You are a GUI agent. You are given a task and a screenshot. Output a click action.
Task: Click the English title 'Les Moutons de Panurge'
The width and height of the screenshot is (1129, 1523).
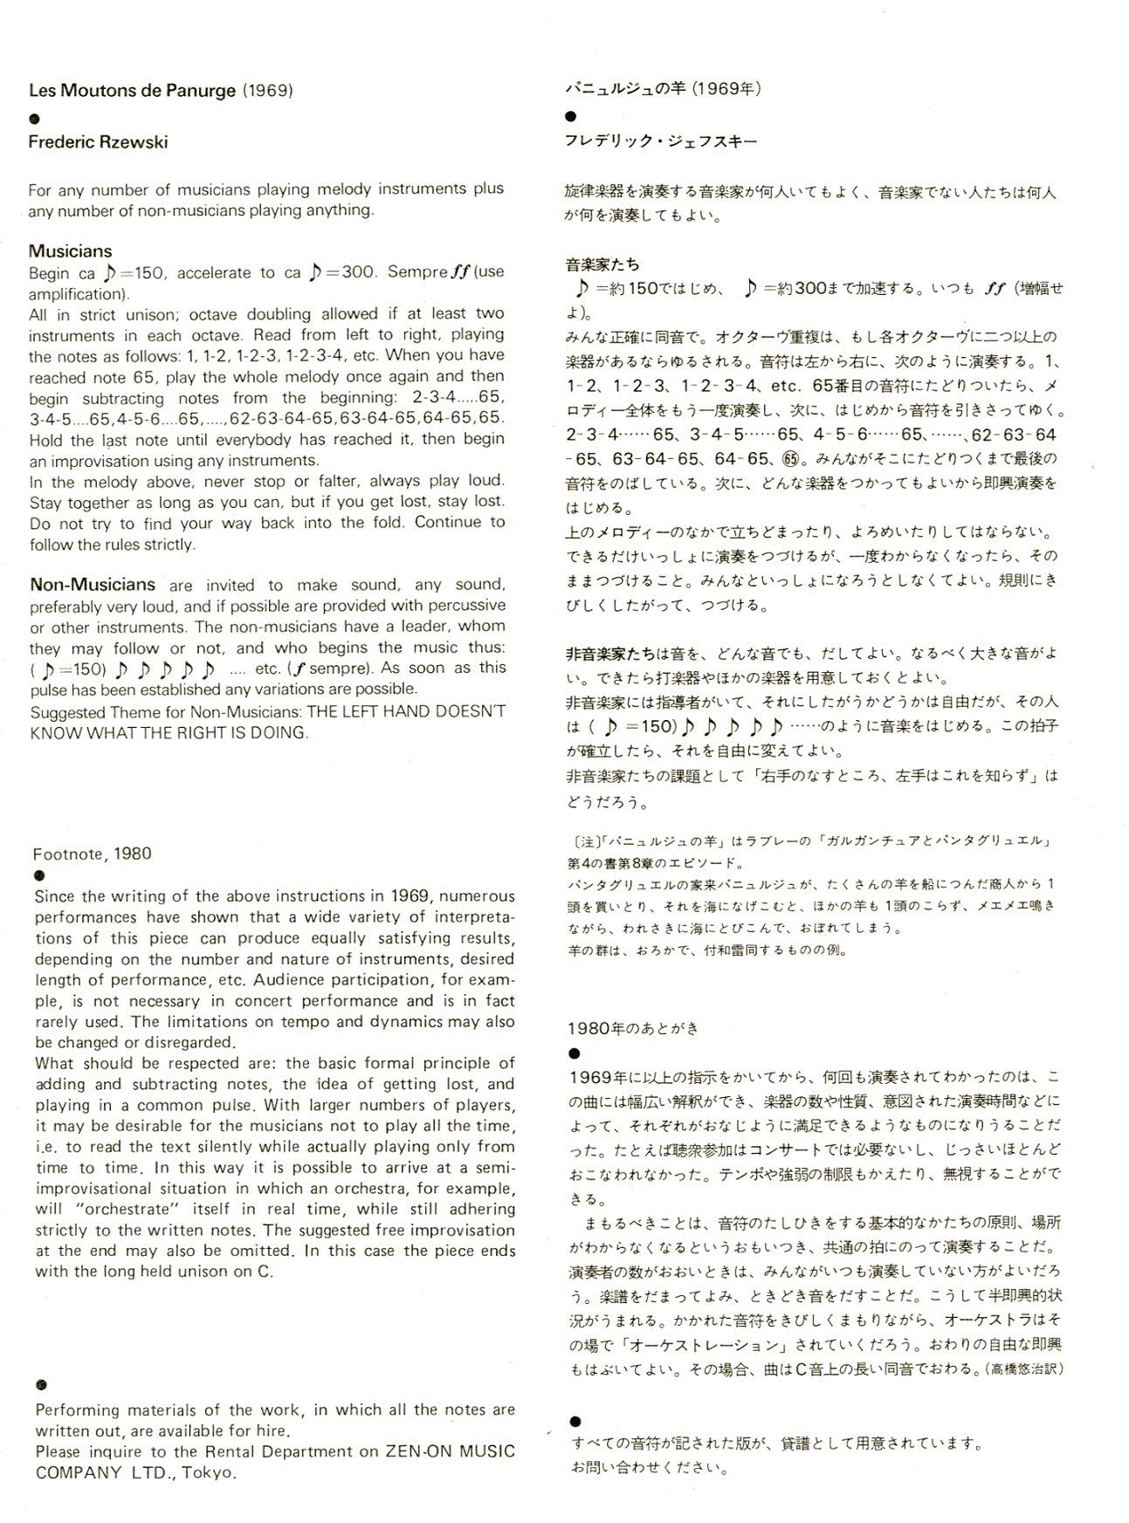pyautogui.click(x=133, y=90)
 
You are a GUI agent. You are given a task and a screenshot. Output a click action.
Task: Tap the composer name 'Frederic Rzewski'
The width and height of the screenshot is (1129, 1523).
pyautogui.click(x=98, y=142)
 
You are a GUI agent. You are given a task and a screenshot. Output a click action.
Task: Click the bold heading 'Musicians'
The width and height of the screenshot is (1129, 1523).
pyautogui.click(x=70, y=251)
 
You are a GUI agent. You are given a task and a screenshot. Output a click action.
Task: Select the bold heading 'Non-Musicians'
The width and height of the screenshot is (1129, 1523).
pyautogui.click(x=93, y=584)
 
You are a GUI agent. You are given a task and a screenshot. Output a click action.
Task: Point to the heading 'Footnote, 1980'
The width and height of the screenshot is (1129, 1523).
pyautogui.click(x=92, y=854)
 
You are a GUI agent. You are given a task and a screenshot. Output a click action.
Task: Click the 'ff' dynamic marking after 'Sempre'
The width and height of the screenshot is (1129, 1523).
pyautogui.click(x=459, y=271)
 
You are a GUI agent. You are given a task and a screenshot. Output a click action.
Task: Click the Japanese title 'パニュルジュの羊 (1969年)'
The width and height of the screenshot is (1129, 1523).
pyautogui.click(x=664, y=88)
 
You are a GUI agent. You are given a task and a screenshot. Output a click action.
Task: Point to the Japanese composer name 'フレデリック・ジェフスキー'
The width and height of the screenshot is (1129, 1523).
pyautogui.click(x=661, y=141)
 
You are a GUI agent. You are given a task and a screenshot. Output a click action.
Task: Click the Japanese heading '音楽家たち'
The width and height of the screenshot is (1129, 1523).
pyautogui.click(x=602, y=264)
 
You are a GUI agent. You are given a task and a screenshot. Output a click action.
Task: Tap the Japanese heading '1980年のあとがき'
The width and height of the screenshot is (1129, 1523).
pyautogui.click(x=633, y=1028)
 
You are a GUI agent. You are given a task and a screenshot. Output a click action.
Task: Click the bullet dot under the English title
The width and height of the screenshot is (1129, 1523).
pyautogui.click(x=35, y=117)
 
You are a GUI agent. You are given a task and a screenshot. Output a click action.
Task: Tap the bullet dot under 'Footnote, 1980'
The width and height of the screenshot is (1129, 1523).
pyautogui.click(x=39, y=875)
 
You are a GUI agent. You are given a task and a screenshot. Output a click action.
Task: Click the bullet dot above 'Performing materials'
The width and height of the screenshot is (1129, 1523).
pyautogui.click(x=41, y=1385)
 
